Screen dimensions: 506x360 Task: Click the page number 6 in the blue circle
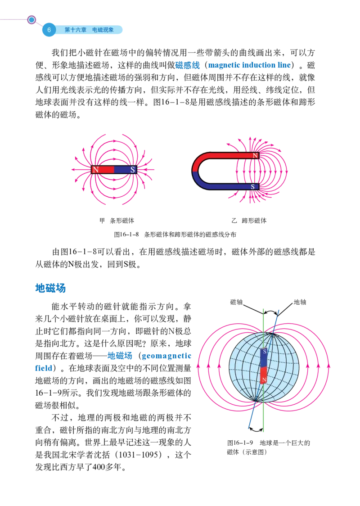49,30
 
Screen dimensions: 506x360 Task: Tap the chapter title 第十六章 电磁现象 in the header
89,30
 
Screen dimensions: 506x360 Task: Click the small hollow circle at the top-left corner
31,20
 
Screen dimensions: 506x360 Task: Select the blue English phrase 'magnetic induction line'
249,65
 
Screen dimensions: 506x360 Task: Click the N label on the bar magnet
95,170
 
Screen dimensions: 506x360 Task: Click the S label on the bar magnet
133,170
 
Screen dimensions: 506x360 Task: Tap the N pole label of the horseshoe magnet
255,156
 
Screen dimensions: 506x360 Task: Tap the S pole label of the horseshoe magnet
252,186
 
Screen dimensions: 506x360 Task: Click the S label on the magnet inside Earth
264,351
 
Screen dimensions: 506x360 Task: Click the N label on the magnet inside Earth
264,380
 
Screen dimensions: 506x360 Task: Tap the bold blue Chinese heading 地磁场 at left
50,288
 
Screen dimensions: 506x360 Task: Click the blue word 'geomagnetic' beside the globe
166,357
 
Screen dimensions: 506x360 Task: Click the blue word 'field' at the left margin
44,369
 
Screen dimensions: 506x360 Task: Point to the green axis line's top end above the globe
263,310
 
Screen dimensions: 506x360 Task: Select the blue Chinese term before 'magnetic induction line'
188,65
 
